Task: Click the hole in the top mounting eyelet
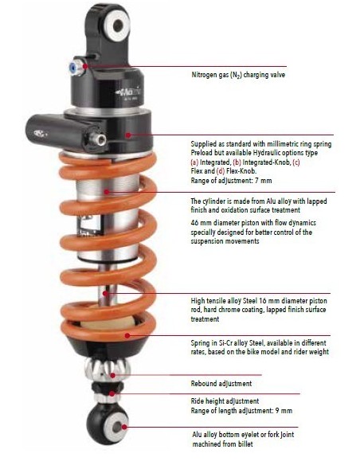pos(118,25)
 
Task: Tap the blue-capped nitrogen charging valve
pos(76,68)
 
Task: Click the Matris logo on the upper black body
pos(129,92)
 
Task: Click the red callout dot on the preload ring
pos(128,135)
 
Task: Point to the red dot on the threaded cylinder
pos(107,192)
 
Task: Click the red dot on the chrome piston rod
pos(105,294)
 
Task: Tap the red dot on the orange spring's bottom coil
pos(127,335)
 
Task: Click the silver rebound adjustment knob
pos(107,369)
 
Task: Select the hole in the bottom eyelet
pos(117,428)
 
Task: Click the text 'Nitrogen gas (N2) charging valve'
pos(238,75)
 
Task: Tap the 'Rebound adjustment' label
pos(221,384)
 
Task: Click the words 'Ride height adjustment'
pos(225,401)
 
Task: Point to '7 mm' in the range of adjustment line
pos(263,180)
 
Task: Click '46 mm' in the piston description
pos(199,223)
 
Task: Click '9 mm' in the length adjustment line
pos(284,411)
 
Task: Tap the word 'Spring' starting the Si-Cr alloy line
pos(200,343)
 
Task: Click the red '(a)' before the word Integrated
pos(194,162)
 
